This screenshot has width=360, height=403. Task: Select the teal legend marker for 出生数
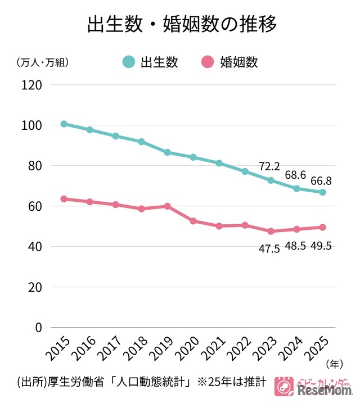(128, 62)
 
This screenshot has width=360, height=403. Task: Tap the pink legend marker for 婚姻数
(208, 62)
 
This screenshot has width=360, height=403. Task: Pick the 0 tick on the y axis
(39, 327)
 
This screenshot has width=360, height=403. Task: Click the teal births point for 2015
(64, 124)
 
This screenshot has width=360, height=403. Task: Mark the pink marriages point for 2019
(168, 206)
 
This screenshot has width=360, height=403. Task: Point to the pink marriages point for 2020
(193, 221)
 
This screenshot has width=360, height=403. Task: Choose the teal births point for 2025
(322, 192)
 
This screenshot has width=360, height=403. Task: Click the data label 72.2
(270, 166)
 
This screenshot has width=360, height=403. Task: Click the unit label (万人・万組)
(43, 62)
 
